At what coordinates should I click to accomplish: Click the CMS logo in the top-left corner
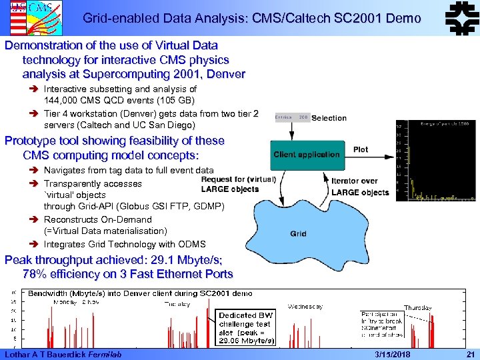[x=19, y=17]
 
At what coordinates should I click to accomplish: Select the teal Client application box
[x=306, y=155]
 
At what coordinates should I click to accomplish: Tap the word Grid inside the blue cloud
[x=298, y=234]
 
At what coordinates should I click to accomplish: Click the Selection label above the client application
[x=329, y=118]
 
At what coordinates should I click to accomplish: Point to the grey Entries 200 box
[x=292, y=117]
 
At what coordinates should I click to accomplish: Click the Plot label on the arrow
[x=361, y=149]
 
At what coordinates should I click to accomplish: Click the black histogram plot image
[x=436, y=161]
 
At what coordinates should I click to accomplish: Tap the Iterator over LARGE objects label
[x=360, y=186]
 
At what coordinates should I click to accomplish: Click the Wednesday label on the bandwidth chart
[x=305, y=307]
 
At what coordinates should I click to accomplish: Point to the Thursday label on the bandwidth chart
[x=417, y=307]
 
